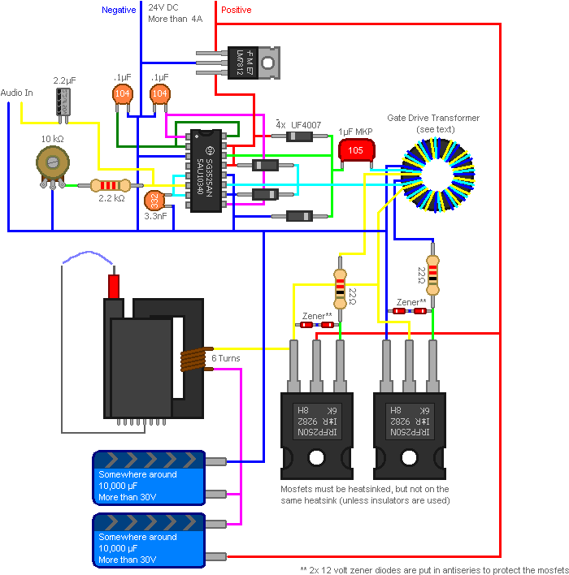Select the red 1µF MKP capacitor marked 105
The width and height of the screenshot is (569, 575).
[355, 150]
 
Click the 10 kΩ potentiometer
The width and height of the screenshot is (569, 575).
[52, 165]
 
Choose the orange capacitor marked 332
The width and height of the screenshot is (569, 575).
[154, 200]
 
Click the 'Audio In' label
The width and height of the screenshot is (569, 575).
[17, 93]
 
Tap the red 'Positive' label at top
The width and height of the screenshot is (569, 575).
[237, 10]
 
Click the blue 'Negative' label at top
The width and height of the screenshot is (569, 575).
[119, 10]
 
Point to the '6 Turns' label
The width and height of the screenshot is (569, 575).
[225, 358]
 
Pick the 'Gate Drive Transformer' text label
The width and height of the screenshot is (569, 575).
[432, 118]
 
